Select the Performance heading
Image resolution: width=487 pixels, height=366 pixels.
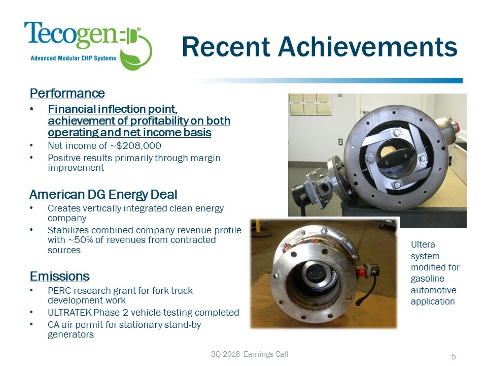tap(67, 94)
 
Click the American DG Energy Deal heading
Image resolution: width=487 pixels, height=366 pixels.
tap(103, 195)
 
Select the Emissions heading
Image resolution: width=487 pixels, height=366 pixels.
tap(59, 276)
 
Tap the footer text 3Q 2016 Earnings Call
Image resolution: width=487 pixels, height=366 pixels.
tap(249, 354)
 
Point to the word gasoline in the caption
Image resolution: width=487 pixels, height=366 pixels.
tap(427, 279)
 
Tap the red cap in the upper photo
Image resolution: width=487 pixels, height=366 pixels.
tap(457, 124)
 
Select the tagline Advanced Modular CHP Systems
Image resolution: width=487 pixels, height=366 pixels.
tap(74, 58)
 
